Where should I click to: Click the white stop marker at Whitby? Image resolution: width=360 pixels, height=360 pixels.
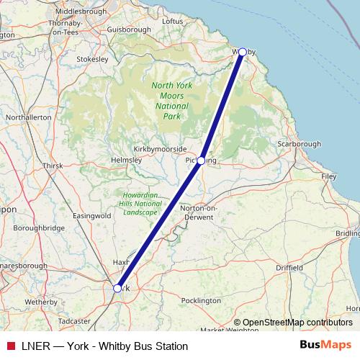click(x=243, y=52)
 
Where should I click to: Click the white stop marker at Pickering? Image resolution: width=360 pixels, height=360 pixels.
click(x=202, y=160)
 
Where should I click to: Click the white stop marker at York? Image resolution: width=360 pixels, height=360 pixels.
click(x=117, y=288)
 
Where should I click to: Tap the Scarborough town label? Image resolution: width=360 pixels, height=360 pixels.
click(x=299, y=144)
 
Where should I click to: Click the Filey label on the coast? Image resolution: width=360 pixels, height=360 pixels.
click(x=329, y=176)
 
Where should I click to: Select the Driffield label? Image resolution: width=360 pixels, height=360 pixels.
click(x=289, y=267)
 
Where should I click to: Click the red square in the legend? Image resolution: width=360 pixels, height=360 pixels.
click(x=10, y=346)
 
